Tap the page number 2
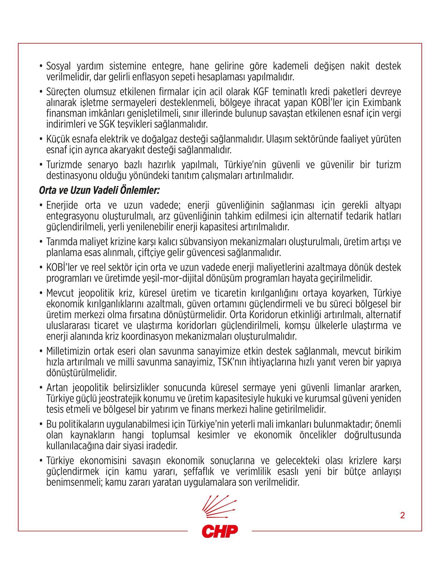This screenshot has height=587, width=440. (x=402, y=515)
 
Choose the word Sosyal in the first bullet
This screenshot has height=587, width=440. (x=59, y=66)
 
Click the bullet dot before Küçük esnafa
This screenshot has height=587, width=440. (x=41, y=140)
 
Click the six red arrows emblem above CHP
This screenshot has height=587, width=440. (x=219, y=508)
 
